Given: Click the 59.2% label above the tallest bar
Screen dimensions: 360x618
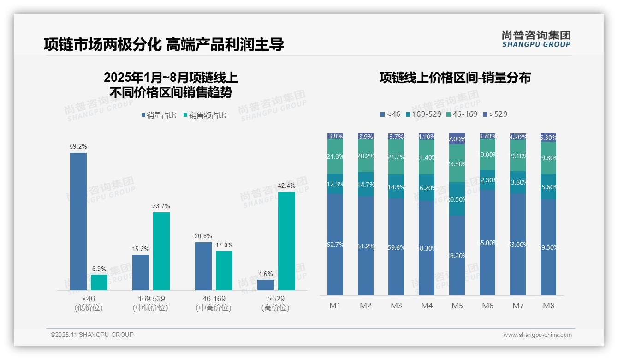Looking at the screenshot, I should (x=78, y=146).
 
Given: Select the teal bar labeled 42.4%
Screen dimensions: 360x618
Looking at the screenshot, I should (x=286, y=241).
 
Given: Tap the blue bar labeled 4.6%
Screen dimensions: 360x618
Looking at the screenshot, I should (x=266, y=285).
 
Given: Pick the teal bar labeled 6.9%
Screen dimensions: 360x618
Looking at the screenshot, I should (x=99, y=282).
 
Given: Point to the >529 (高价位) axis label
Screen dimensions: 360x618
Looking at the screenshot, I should (x=276, y=303).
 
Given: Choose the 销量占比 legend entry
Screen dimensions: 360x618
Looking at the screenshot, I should (x=159, y=115).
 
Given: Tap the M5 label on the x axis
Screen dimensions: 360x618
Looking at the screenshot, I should (x=457, y=306).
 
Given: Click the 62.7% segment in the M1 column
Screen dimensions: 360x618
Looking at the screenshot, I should (x=335, y=245).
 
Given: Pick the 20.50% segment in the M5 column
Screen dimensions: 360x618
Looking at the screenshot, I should (x=457, y=199).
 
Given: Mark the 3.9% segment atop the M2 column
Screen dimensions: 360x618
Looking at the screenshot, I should (x=366, y=137).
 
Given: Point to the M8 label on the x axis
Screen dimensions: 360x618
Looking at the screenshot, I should (x=548, y=306).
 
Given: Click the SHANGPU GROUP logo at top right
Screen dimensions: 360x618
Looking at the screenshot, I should (x=536, y=39).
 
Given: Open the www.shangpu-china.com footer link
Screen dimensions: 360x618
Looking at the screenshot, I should (x=537, y=335).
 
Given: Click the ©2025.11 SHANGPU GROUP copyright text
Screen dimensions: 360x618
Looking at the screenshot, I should (x=92, y=335).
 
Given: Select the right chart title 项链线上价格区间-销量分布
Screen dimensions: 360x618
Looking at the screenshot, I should (x=455, y=78).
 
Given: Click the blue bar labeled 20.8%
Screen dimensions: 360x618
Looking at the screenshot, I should (x=203, y=266).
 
